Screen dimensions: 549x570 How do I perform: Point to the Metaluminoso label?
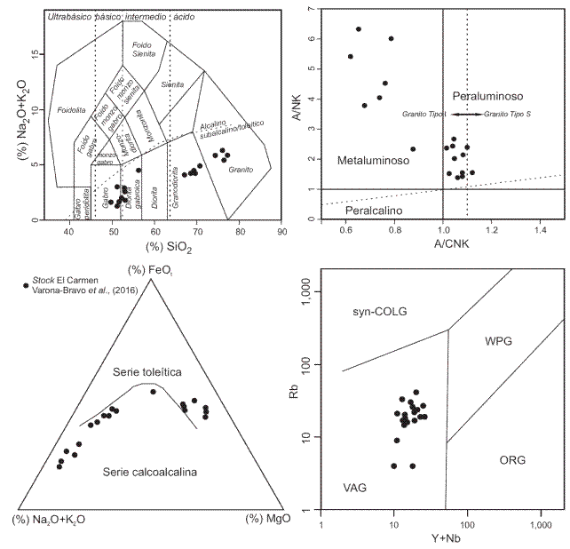pos(373,161)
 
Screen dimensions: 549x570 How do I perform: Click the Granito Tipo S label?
pos(508,115)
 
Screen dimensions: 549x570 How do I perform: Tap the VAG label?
pos(354,488)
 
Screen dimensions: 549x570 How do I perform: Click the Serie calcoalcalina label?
pos(148,471)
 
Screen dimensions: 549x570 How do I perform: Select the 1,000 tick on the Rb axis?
pos(313,290)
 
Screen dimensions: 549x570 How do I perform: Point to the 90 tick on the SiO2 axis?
pos(281,232)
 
